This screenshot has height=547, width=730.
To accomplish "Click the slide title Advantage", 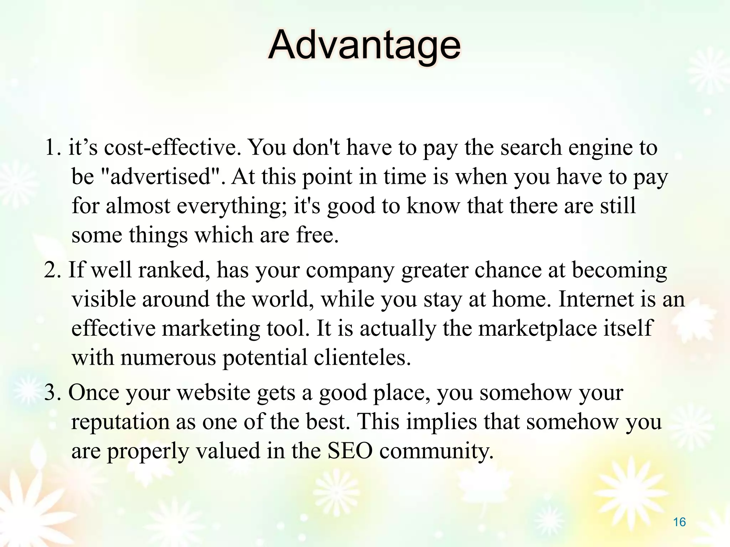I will (364, 46).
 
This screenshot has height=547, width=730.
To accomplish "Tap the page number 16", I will (679, 522).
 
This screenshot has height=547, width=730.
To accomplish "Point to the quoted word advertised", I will (160, 176).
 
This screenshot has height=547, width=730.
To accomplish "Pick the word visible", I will (105, 299).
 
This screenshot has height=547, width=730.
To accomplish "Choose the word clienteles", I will (362, 358).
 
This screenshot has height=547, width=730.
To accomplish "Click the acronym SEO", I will (350, 451).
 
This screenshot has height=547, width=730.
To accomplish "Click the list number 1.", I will (52, 147).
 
